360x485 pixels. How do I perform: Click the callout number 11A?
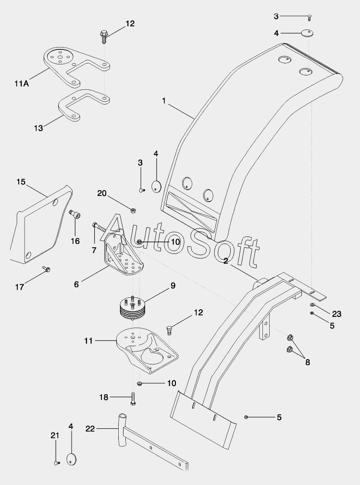tap(21, 83)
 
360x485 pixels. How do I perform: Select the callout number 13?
tap(38, 128)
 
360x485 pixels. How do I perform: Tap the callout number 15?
tap(21, 182)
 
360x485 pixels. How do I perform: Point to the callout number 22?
tap(90, 429)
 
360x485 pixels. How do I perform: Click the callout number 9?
tap(173, 286)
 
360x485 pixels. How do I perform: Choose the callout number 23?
tap(336, 314)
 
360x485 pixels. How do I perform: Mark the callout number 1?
tap(164, 101)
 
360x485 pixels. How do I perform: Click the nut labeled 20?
tap(133, 211)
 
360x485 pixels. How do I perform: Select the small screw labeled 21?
tap(57, 463)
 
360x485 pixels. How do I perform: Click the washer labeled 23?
tap(312, 305)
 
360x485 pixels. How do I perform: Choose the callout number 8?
tap(308, 362)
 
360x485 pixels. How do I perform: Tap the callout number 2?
tap(225, 261)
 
